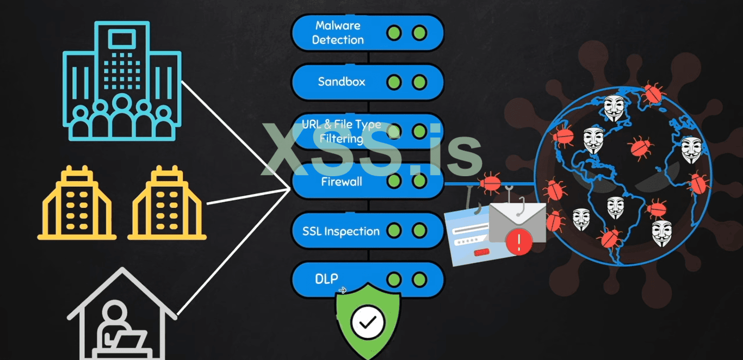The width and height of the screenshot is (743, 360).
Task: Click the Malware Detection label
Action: (338, 33)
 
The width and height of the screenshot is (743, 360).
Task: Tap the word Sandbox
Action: (342, 82)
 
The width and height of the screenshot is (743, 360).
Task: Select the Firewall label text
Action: (341, 182)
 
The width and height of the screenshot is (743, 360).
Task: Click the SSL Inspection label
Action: (341, 231)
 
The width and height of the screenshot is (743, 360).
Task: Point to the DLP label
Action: (327, 278)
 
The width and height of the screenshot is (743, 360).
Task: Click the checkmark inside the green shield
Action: (368, 322)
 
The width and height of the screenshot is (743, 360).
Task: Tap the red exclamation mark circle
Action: (518, 241)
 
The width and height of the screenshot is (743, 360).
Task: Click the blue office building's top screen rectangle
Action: (121, 40)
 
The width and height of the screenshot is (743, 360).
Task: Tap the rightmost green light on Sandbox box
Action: (419, 83)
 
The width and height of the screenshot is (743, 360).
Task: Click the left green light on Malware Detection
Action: (394, 33)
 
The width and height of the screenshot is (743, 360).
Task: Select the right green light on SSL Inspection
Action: (419, 231)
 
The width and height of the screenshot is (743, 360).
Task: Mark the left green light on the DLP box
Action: (394, 280)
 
